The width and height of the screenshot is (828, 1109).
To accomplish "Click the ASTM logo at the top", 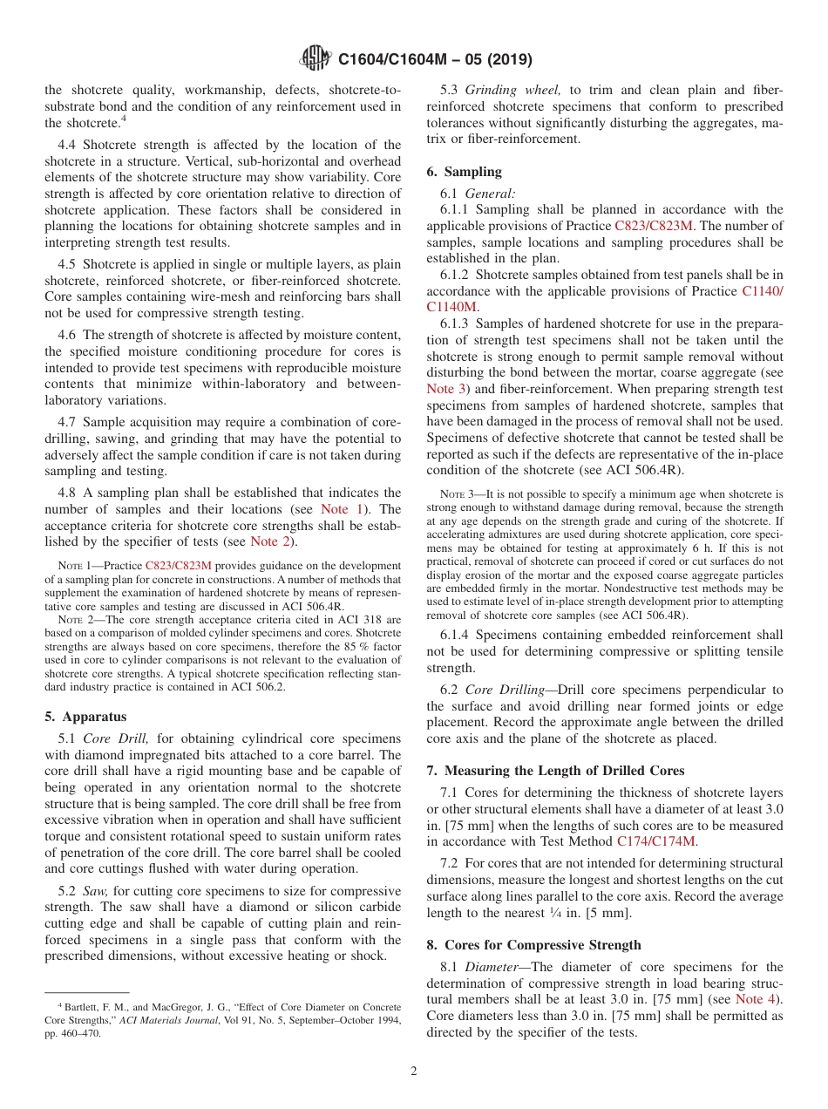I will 315,58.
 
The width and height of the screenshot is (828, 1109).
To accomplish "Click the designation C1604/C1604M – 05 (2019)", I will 435,59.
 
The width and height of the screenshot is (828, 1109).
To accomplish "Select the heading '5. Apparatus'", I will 85,717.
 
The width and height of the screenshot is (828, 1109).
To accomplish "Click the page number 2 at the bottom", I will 413,1071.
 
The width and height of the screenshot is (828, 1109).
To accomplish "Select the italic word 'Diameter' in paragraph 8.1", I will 493,967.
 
